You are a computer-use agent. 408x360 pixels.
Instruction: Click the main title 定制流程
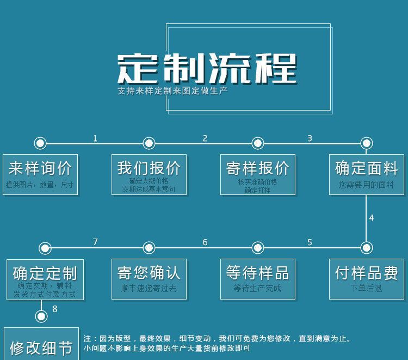(x=207, y=69)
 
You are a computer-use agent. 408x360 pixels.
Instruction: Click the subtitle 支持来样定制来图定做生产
(x=172, y=90)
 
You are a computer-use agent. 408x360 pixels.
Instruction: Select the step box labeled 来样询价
(x=40, y=174)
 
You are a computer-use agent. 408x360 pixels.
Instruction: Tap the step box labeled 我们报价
(x=149, y=174)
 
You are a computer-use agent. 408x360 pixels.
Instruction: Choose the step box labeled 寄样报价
(x=257, y=174)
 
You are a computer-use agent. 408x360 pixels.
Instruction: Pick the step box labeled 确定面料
(x=366, y=174)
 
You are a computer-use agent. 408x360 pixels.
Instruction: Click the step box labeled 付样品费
(x=366, y=278)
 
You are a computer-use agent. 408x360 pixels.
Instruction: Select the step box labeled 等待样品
(x=257, y=278)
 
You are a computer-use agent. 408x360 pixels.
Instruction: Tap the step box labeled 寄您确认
(x=149, y=278)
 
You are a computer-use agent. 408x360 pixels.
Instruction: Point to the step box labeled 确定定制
(x=45, y=278)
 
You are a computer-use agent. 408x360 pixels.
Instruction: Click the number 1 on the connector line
(x=95, y=138)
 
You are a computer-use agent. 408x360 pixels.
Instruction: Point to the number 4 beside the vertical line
(x=372, y=218)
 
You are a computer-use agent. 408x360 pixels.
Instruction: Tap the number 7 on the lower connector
(x=95, y=242)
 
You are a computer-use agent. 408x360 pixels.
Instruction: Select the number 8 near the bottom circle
(x=54, y=309)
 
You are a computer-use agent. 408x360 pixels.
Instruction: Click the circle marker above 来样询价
(x=40, y=143)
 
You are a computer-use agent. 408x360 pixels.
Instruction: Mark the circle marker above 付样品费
(x=366, y=248)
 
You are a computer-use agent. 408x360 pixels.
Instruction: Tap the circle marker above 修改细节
(x=40, y=316)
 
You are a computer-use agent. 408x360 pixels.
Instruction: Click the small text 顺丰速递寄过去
(x=149, y=288)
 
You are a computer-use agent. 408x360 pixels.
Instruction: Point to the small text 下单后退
(x=366, y=288)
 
